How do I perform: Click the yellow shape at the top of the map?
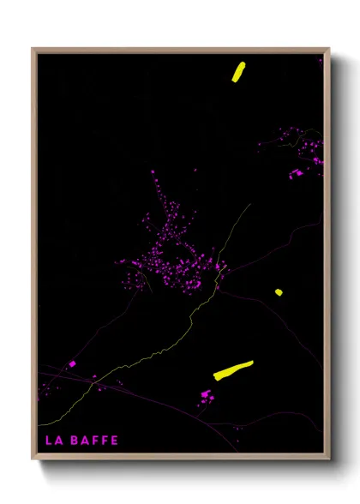[237, 71]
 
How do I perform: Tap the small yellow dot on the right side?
[279, 292]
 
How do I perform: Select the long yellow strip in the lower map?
[233, 369]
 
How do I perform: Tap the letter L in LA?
[48, 441]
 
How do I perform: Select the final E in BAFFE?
[115, 441]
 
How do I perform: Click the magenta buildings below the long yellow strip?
[206, 395]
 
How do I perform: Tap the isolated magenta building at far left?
[72, 364]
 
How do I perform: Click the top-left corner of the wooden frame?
[33, 49]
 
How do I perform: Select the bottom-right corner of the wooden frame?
[329, 459]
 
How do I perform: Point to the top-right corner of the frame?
[329, 49]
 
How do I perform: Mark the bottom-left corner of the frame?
[33, 459]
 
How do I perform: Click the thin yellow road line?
[189, 322]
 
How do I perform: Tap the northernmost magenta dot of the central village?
[154, 172]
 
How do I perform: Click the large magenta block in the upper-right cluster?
[297, 172]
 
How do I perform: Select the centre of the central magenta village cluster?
[171, 253]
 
